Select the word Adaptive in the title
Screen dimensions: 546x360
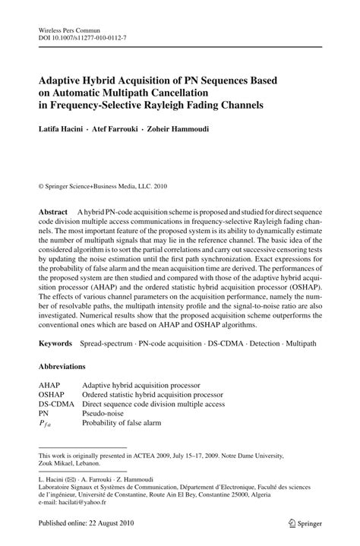click(63, 78)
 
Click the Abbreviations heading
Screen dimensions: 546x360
click(68, 366)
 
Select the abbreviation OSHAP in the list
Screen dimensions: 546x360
click(52, 395)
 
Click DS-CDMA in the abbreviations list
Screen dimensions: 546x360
click(57, 405)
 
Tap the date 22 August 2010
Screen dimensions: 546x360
click(112, 523)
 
